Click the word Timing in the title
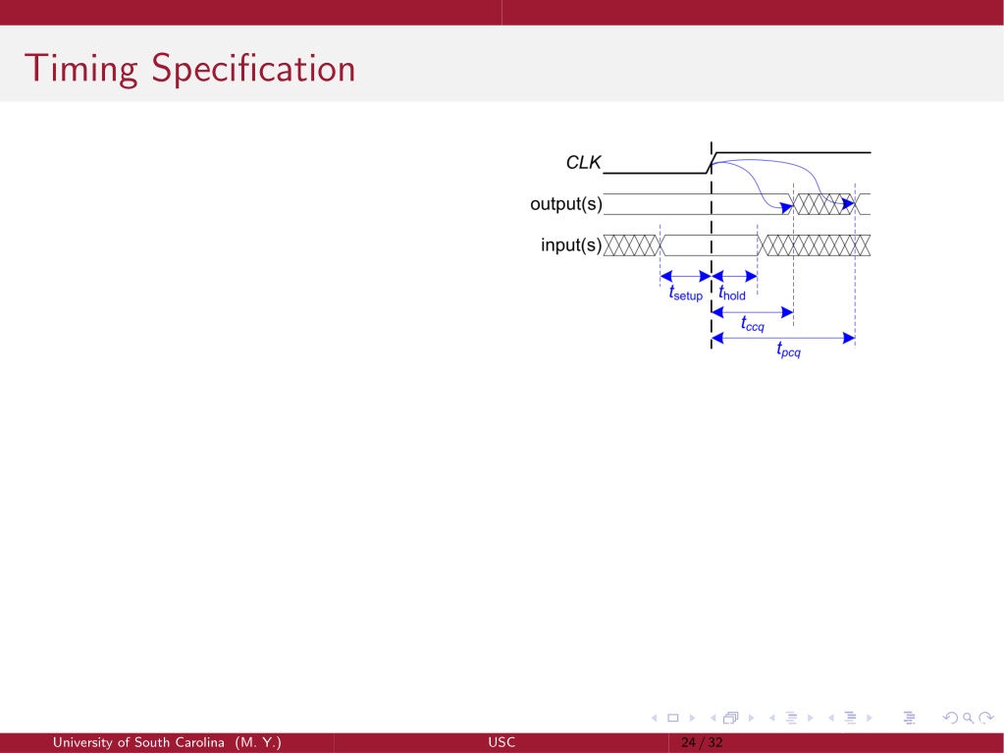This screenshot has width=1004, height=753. tap(80, 69)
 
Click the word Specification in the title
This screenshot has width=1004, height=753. tap(253, 69)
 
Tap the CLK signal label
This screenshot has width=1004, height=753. tap(583, 163)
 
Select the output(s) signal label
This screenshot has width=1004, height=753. tap(566, 204)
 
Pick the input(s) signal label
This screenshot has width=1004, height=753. tap(571, 245)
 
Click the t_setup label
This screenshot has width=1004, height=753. tap(686, 294)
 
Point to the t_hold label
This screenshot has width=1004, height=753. tap(732, 294)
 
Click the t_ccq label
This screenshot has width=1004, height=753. tap(753, 324)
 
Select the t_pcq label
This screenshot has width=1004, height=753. tap(788, 350)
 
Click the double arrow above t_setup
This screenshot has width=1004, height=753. tap(686, 277)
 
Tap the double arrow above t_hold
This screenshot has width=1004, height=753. tap(734, 277)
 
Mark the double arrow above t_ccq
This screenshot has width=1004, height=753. tap(753, 312)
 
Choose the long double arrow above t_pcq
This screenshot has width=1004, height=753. tap(783, 338)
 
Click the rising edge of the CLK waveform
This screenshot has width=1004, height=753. tap(712, 163)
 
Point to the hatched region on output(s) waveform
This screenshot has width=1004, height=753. tap(824, 204)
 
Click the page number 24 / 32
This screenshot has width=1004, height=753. tap(702, 743)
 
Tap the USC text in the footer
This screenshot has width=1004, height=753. tap(502, 743)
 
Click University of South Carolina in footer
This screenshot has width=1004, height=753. tap(138, 743)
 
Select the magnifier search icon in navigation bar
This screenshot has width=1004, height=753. tap(968, 718)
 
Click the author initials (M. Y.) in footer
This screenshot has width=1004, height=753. tap(258, 743)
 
